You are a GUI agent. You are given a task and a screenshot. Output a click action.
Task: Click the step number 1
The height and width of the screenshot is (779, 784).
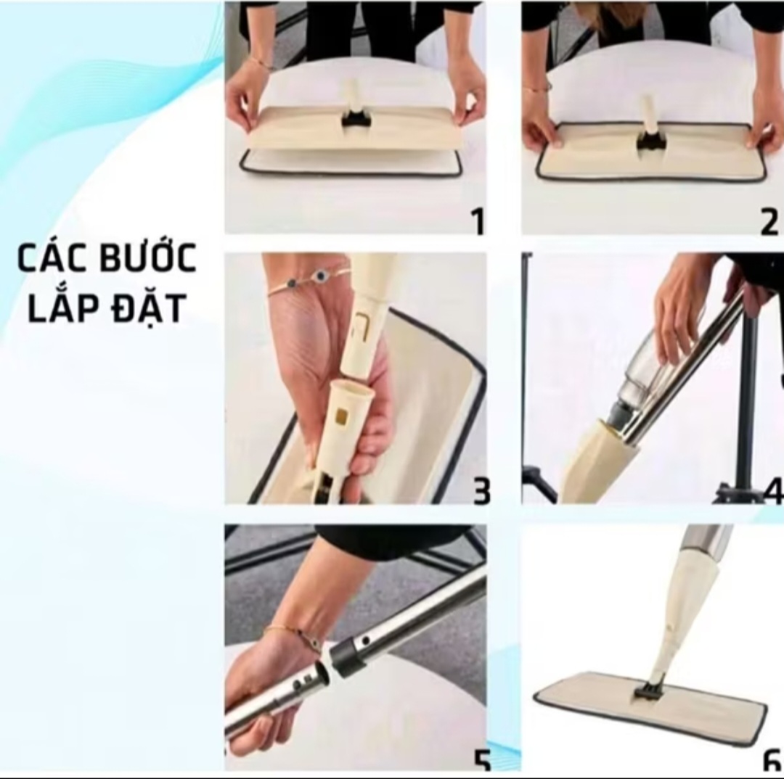click(x=478, y=221)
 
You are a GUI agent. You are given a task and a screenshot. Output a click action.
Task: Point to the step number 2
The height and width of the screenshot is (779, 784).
click(x=769, y=223)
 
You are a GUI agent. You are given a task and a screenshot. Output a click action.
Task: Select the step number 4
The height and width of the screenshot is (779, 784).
click(x=774, y=491)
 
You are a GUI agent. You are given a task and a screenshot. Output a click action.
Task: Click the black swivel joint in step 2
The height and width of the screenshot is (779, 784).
click(x=651, y=142)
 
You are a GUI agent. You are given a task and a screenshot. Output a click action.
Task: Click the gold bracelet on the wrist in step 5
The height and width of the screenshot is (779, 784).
click(x=285, y=634)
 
